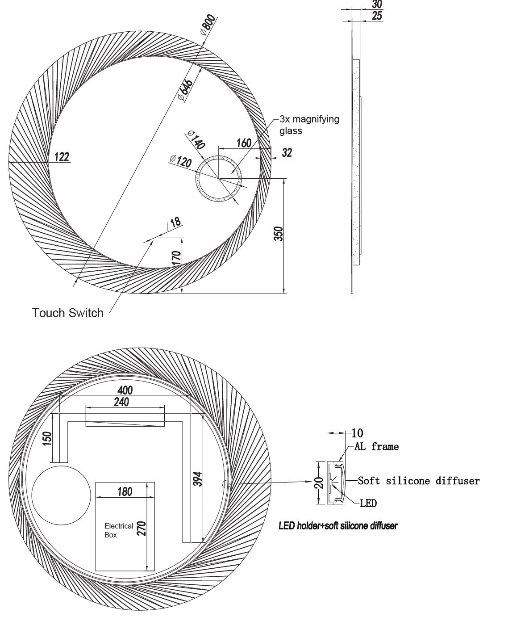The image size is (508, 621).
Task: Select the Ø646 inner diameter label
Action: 186,90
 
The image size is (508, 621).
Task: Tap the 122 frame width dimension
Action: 62,157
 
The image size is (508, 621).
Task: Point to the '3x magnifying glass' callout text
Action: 309,125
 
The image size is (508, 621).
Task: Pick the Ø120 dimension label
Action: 181,161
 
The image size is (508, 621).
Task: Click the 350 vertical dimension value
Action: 278,234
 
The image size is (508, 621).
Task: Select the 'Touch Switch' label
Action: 68,313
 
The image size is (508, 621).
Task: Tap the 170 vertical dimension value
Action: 176,258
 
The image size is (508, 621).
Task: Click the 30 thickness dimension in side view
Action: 377,4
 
